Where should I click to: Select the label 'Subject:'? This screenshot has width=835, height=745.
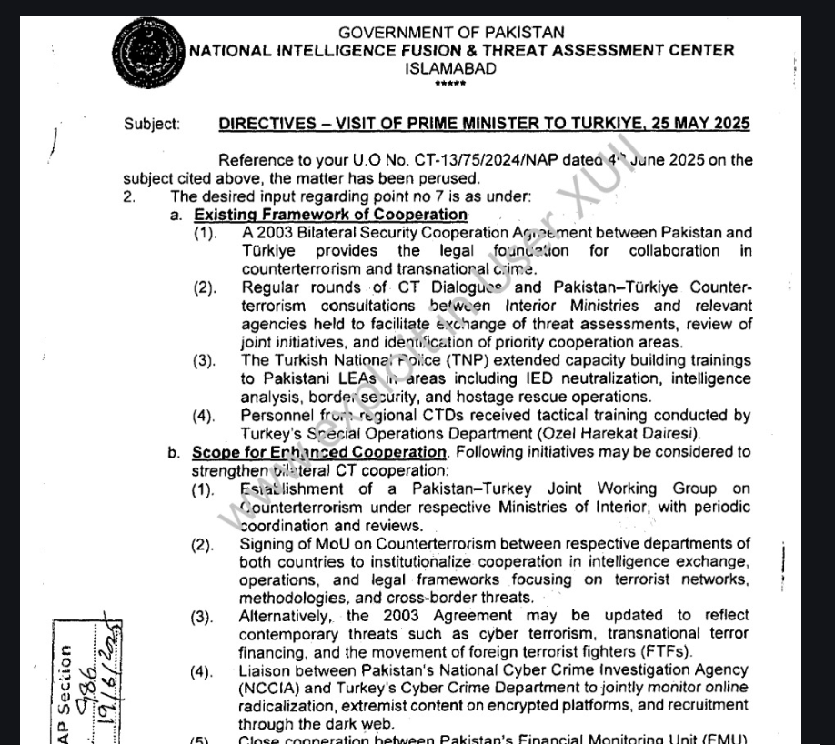pyautogui.click(x=152, y=125)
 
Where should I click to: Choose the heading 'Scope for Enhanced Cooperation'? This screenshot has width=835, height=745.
pyautogui.click(x=319, y=452)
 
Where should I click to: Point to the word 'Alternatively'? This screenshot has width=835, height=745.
pyautogui.click(x=282, y=616)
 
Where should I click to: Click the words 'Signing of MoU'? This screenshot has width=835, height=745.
pyautogui.click(x=291, y=544)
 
